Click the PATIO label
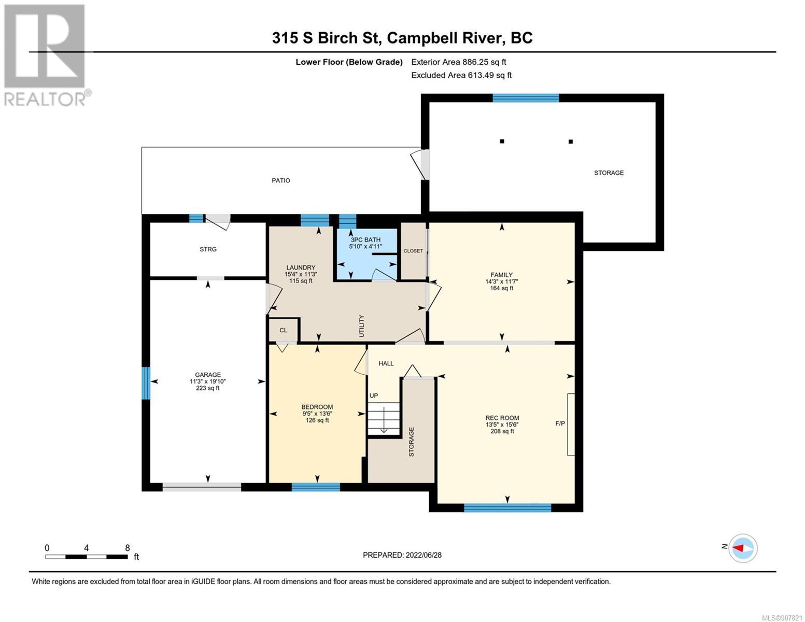281,180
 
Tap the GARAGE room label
208,375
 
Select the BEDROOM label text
317,407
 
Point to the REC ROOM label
502,418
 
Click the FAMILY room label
502,275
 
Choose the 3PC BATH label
365,239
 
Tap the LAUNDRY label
301,267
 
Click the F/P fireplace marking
560,423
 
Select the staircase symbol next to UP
384,419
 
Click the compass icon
743,548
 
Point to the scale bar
87,557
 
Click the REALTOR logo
46,55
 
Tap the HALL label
386,363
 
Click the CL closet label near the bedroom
283,330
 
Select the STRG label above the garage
208,249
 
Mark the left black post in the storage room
502,141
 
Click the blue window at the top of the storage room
525,98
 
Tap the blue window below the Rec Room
507,508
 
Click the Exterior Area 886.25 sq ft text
459,62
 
